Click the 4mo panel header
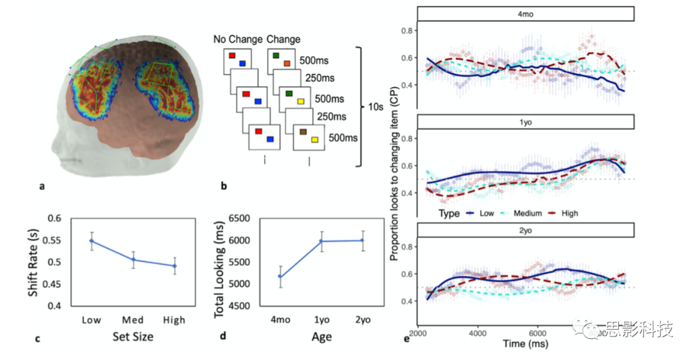527,14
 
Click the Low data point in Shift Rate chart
92,241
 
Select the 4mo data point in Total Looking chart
280,276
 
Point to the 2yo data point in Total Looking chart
363,240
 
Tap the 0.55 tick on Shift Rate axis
58,240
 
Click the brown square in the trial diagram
302,132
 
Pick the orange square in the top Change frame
287,63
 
